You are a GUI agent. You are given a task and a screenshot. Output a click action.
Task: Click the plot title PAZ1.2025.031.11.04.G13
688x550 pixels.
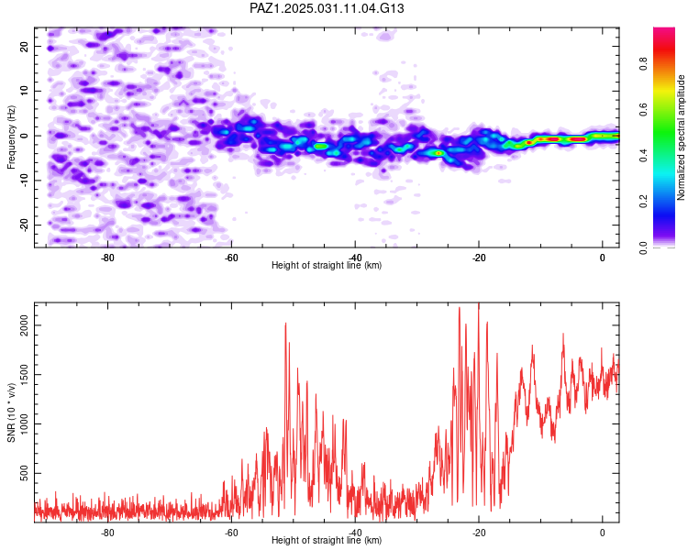coord(327,8)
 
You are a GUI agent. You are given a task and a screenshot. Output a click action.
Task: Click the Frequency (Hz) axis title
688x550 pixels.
coord(11,137)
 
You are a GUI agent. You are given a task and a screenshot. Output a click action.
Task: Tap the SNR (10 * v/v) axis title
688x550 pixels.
coord(11,412)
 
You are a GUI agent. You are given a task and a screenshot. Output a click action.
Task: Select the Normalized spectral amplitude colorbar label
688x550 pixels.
coord(681,137)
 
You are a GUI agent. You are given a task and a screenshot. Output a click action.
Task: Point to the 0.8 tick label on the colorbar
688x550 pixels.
coord(643,63)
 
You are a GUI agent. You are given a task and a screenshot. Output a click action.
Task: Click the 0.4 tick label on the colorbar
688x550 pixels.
coord(643,155)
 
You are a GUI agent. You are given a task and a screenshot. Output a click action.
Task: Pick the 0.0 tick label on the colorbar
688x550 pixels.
coord(643,247)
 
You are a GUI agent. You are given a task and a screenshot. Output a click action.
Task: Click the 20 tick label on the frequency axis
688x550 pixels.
coord(25,47)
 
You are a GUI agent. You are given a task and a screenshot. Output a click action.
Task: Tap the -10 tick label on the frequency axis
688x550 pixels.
coord(25,181)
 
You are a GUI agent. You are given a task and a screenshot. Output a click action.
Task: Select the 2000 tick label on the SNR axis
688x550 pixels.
coord(25,325)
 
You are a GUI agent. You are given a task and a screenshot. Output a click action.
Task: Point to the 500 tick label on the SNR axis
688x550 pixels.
coord(25,473)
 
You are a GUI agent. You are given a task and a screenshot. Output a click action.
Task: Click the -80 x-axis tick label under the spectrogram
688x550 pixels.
coord(107,258)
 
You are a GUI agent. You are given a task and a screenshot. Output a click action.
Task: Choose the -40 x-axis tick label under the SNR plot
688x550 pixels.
coord(355,533)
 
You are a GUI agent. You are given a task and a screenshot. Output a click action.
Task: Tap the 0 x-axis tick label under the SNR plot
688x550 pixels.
coord(603,533)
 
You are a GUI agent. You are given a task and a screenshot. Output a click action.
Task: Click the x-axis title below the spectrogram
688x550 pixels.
coord(327,265)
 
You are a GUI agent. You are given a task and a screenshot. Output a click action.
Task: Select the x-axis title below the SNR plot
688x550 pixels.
coord(327,540)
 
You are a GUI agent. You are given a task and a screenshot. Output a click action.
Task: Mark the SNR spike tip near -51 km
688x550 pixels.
coord(285,324)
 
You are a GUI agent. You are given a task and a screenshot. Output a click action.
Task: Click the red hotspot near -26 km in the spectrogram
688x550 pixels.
coord(438,153)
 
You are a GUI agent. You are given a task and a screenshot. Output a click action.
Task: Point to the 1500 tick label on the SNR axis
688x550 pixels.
coord(25,375)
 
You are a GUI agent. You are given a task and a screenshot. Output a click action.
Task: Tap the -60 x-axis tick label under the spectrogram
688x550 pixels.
coord(231,258)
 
